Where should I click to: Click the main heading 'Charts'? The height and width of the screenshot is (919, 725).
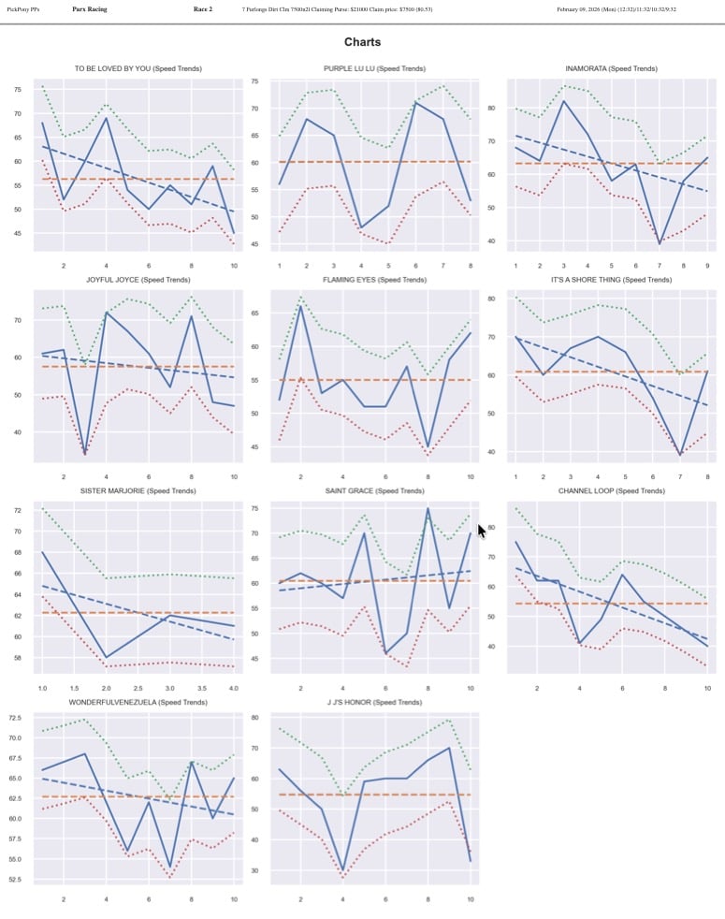click(x=362, y=42)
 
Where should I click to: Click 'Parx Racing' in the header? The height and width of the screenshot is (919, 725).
click(x=89, y=8)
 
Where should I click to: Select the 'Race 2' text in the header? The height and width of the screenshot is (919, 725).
click(x=203, y=8)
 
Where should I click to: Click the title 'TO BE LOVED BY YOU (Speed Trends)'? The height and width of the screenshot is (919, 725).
click(x=138, y=68)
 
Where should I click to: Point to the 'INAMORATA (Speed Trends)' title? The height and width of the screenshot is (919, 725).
click(x=611, y=68)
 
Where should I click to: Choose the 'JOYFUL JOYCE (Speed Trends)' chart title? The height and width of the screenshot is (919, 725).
click(x=138, y=280)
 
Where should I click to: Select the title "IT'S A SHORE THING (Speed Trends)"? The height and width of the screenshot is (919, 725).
click(x=611, y=280)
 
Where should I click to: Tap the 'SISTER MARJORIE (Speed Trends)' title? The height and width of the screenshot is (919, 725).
click(x=138, y=490)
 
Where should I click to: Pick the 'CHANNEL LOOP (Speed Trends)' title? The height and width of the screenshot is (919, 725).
click(x=611, y=490)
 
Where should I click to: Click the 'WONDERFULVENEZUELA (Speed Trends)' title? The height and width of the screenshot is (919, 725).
click(x=138, y=702)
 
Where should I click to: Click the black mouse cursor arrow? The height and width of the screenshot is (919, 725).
click(x=482, y=531)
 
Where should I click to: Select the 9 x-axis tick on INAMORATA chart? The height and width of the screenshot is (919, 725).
click(x=707, y=266)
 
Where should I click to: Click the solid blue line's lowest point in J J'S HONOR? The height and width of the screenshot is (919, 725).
click(x=343, y=870)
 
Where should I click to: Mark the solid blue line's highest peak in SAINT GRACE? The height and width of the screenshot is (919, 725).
click(x=428, y=508)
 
